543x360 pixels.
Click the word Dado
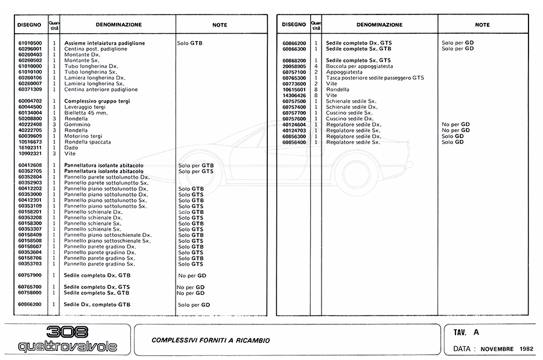click(x=71, y=147)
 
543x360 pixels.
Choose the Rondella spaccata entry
click(x=88, y=141)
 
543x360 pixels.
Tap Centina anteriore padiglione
click(x=99, y=89)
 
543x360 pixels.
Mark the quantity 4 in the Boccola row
click(x=316, y=66)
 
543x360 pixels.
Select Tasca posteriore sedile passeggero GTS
click(x=375, y=78)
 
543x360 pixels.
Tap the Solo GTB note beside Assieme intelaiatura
click(x=190, y=43)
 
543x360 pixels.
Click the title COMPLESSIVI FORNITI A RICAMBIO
click(x=211, y=341)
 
